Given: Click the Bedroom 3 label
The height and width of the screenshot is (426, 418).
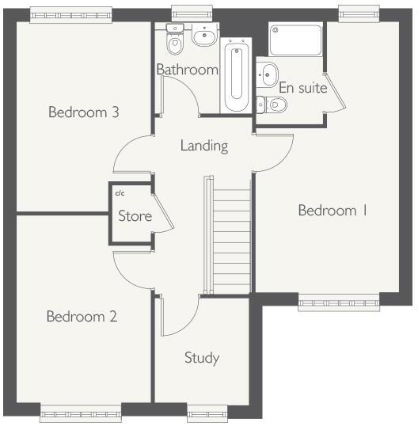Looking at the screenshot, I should (x=83, y=112).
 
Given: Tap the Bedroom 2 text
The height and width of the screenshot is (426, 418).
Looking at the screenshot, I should (x=82, y=317).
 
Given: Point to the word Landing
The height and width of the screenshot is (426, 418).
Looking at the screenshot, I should (x=203, y=146).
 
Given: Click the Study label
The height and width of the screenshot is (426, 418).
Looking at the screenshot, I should (x=201, y=358).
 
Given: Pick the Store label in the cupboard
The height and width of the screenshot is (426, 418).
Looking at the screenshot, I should (x=135, y=215).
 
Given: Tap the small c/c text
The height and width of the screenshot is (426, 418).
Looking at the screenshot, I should (x=120, y=193).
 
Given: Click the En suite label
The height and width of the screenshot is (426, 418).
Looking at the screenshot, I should (x=302, y=88).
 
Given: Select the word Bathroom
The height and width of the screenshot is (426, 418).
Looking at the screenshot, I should (x=187, y=70).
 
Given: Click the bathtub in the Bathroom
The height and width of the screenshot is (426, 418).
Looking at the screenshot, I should (x=236, y=77).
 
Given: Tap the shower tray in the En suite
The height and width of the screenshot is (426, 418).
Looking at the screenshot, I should (x=295, y=40).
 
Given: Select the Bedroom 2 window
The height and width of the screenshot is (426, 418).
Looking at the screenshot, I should (x=81, y=410).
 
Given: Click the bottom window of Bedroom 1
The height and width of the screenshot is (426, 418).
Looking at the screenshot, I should (x=338, y=301).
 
